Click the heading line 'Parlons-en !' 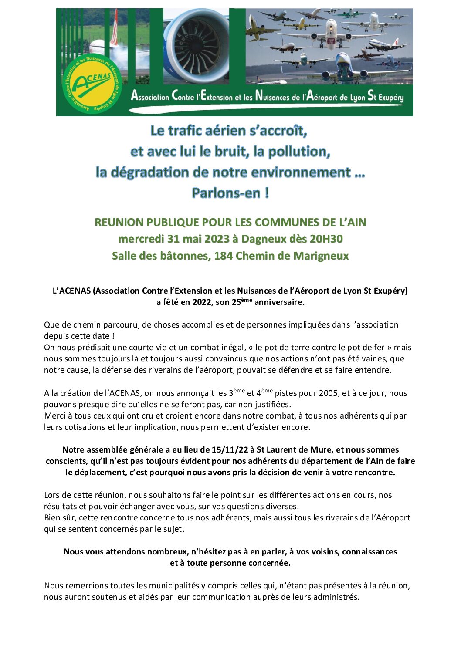pos(230,193)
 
